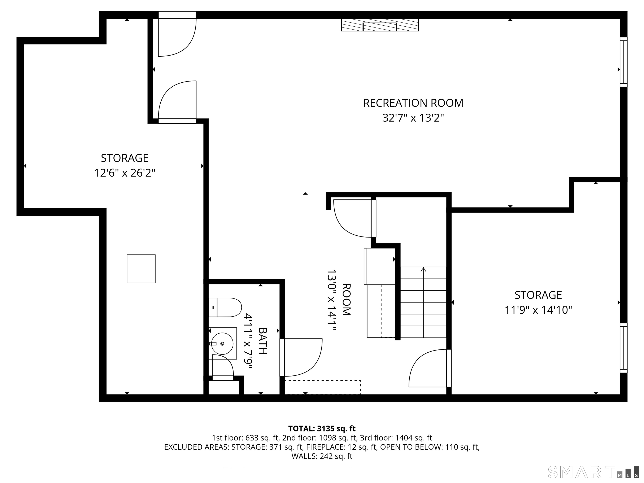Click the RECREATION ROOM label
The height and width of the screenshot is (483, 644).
click(413, 103)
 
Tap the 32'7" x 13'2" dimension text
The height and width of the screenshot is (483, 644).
click(413, 118)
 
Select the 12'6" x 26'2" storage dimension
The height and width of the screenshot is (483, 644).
click(125, 173)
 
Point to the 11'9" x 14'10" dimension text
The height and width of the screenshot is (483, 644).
click(538, 310)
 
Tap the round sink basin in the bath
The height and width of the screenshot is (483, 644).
click(222, 344)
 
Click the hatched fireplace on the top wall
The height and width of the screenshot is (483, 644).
click(380, 25)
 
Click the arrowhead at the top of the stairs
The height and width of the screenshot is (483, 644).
click(423, 270)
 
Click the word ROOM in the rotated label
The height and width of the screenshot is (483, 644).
click(346, 300)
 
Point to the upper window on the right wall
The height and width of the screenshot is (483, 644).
click(623, 62)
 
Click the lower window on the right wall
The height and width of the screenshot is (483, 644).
click(623, 348)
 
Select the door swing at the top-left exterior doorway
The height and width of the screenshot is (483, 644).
click(177, 38)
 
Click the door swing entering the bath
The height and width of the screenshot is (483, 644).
click(303, 357)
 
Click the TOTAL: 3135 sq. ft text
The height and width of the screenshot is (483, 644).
click(322, 428)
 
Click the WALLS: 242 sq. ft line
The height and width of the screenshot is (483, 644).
click(322, 456)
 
